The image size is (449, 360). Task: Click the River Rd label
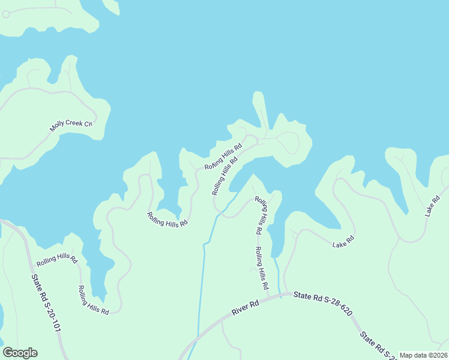[x=244, y=308]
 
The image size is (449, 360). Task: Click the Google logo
[x=20, y=353]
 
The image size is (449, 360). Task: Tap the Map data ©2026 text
[x=423, y=355]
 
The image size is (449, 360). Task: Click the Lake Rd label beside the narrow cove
[x=343, y=242]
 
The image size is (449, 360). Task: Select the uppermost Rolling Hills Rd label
[x=223, y=157]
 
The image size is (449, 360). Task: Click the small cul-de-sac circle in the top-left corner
[x=5, y=14]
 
